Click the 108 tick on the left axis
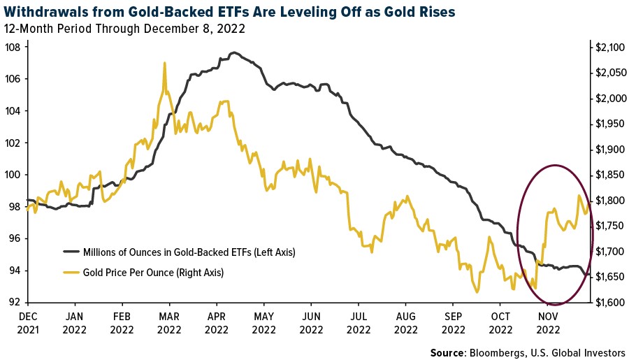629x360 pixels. pos(13,48)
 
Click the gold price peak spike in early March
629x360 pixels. pos(164,64)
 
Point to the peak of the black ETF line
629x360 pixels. pos(233,52)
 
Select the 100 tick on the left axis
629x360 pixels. pos(13,175)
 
